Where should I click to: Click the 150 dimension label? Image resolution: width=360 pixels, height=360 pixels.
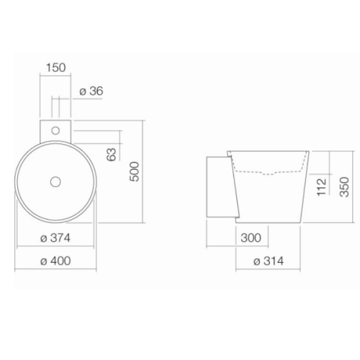tap(55, 68)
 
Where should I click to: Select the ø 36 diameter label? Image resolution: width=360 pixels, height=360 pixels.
tap(91, 91)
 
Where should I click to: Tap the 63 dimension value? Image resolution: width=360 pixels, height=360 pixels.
tap(112, 154)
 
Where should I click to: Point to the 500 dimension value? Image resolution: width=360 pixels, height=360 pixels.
tap(135, 171)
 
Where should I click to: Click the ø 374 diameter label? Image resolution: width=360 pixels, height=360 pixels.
tap(55, 238)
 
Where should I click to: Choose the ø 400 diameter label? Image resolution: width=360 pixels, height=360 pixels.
tap(55, 261)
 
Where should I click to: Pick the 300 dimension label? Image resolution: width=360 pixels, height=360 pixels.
tap(251, 238)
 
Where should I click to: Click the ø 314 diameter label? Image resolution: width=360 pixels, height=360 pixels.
tap(269, 261)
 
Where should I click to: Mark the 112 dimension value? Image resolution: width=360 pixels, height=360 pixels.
tap(322, 187)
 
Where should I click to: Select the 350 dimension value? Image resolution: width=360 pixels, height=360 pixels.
tap(344, 187)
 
